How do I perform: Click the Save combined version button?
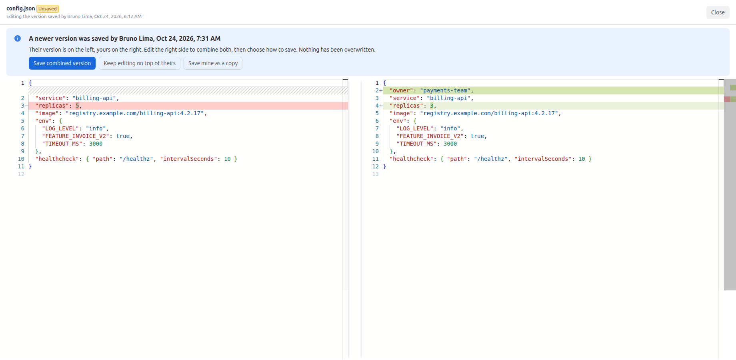point(62,63)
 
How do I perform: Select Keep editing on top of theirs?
point(140,63)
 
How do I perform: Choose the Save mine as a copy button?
point(213,63)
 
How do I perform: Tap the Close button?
point(718,12)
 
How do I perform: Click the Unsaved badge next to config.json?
point(48,9)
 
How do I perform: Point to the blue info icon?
point(18,38)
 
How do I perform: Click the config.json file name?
point(21,8)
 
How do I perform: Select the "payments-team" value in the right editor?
point(445,90)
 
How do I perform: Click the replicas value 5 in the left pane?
point(77,106)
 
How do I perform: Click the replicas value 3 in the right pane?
point(432,106)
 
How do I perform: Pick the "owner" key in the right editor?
point(401,90)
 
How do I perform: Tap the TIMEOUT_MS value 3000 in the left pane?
point(96,144)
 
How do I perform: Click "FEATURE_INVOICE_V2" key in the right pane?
point(430,136)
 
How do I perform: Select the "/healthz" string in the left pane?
point(136,159)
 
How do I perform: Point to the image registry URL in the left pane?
point(135,113)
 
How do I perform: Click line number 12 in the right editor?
point(375,166)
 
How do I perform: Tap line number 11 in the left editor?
point(21,166)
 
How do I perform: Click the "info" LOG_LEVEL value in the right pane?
point(450,128)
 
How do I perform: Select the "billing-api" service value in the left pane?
point(94,98)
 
